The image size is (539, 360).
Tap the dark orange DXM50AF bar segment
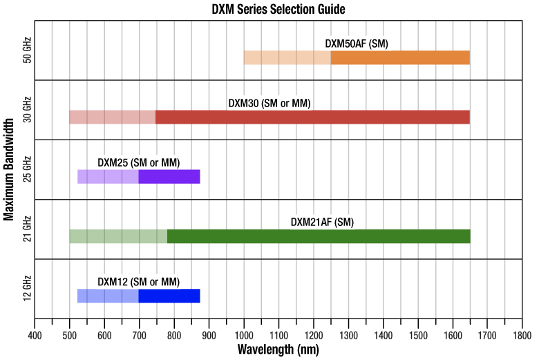pos(400,57)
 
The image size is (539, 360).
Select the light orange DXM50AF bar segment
pos(287,57)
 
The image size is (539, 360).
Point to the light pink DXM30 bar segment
pos(112,117)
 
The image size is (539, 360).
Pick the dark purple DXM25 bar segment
pos(169,176)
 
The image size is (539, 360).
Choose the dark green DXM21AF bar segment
pos(319,236)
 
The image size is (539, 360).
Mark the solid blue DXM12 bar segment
pos(169,296)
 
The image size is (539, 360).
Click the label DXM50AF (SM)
pos(357,44)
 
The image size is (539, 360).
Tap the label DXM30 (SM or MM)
pos(269,103)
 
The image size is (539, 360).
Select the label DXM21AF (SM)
pos(322,222)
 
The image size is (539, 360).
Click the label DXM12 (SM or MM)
pos(139,281)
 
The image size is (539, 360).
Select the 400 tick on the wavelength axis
pos(35,334)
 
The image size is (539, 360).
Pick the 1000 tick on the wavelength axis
pos(244,334)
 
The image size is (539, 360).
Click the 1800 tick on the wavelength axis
pos(522,334)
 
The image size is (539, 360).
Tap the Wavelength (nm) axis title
pos(278,350)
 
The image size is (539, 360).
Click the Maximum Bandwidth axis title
pos(9,169)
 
